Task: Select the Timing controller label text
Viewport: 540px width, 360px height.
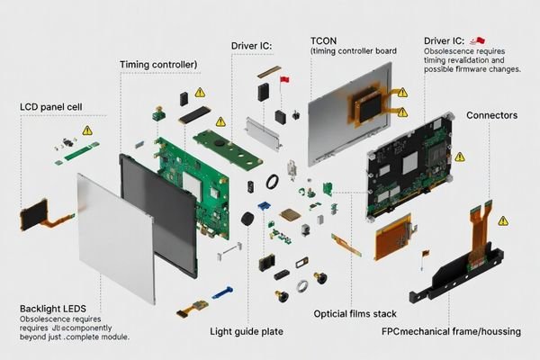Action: tap(158, 65)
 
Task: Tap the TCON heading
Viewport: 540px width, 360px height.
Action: tap(325, 41)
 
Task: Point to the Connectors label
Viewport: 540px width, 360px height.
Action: tap(491, 115)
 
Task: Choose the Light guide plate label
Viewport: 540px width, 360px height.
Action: tap(247, 331)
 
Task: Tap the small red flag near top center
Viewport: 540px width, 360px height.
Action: tap(285, 82)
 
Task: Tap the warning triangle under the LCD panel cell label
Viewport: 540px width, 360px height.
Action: tap(87, 130)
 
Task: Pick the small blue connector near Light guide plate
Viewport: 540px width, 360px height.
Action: tap(222, 292)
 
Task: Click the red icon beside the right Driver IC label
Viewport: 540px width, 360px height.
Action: tap(479, 40)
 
